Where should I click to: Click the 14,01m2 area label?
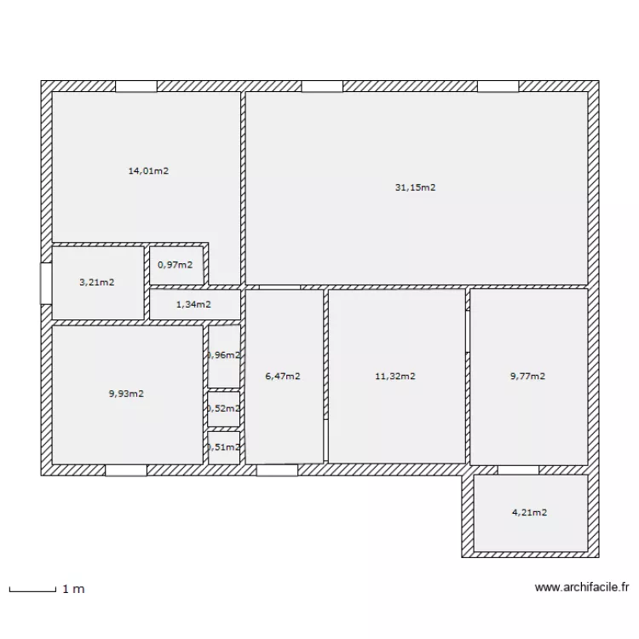148,170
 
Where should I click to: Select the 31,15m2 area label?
415,187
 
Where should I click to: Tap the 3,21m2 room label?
97,282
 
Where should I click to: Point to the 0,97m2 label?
175,264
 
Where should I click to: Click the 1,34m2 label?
193,304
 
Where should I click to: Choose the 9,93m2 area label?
126,394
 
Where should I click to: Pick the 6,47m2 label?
282,376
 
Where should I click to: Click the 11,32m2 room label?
395,376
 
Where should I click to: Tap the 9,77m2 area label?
527,376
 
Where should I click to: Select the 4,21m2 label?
529,512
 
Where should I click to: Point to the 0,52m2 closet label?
223,408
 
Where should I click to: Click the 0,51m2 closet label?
223,446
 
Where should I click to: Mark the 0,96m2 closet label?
223,355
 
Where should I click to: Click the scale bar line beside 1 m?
32,588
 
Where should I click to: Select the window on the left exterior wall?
46,283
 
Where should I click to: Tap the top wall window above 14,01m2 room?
136,86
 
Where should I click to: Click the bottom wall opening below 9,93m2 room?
126,469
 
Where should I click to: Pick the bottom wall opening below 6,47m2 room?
277,469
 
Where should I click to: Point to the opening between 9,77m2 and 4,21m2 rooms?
518,469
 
